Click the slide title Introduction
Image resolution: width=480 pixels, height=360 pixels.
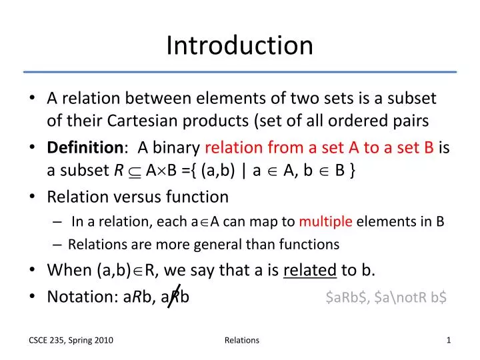point(239,45)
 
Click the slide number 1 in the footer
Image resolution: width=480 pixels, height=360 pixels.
point(449,341)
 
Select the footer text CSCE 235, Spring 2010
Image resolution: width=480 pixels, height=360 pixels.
point(70,341)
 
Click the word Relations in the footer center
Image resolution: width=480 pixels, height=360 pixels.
point(242,341)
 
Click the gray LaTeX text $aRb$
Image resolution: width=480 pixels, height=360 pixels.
point(347,297)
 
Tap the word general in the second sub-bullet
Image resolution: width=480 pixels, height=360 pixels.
point(238,245)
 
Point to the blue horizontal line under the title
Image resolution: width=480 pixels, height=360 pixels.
point(239,71)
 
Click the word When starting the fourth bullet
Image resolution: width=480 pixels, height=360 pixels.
point(68,270)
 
